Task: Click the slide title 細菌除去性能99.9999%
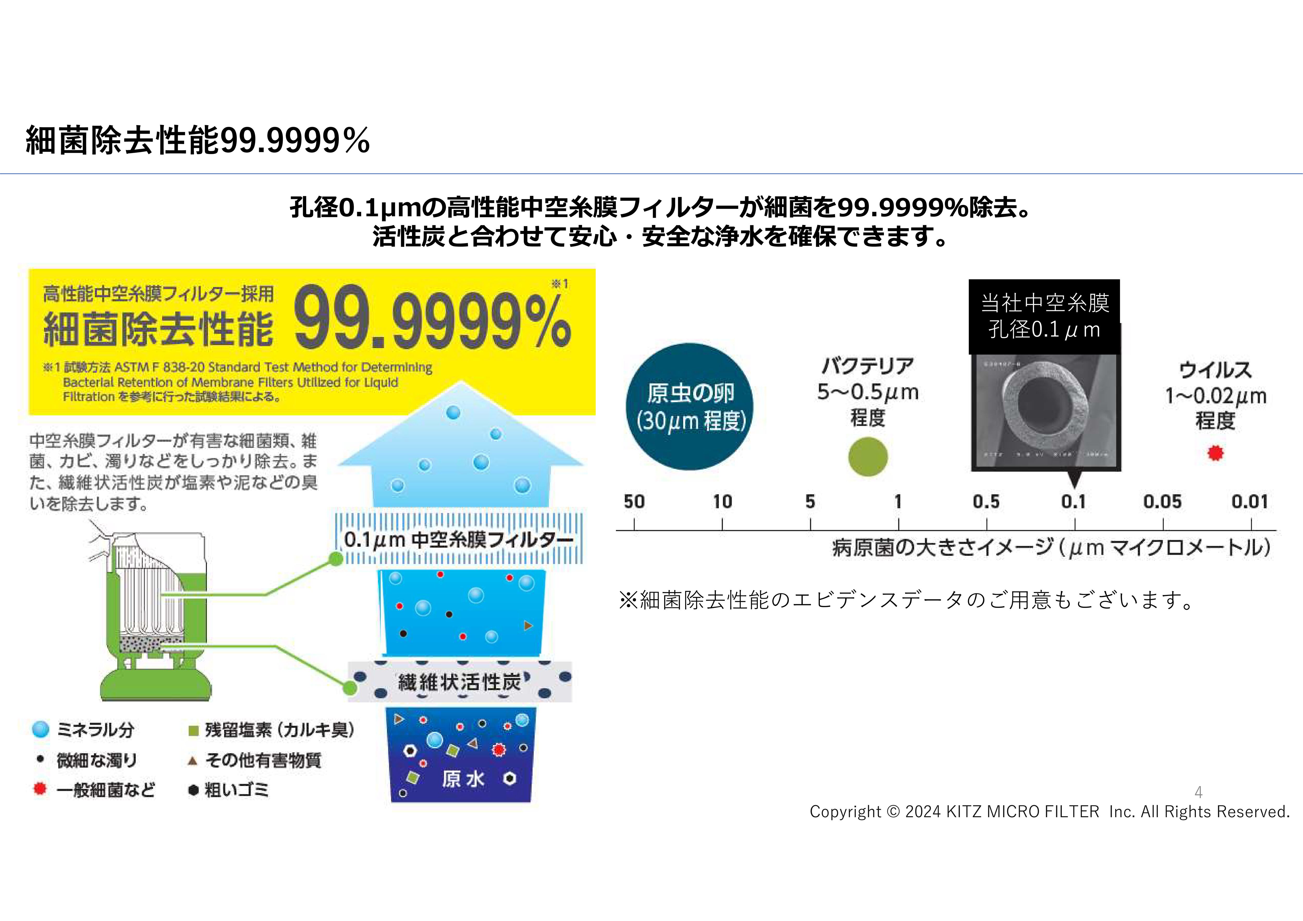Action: [x=198, y=140]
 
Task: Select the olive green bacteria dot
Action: [x=868, y=456]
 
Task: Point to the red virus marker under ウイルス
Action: [x=1215, y=453]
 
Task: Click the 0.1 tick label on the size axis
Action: [x=1073, y=502]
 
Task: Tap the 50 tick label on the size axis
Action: [x=634, y=502]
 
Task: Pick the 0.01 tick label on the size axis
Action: [x=1250, y=502]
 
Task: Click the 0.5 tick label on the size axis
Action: [x=986, y=502]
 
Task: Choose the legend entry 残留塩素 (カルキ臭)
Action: [x=279, y=730]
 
